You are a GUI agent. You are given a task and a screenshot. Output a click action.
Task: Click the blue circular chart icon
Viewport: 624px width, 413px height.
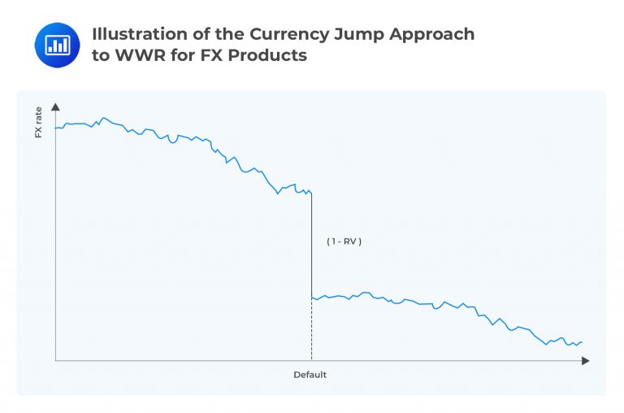pos(57,45)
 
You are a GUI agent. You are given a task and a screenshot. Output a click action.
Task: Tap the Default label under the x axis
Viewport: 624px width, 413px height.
pos(310,375)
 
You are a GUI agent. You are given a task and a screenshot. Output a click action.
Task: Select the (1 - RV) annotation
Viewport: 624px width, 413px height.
pos(344,241)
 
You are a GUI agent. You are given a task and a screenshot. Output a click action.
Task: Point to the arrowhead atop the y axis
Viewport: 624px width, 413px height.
pos(55,107)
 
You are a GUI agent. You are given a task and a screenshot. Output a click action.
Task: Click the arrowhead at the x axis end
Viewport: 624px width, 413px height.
pos(586,359)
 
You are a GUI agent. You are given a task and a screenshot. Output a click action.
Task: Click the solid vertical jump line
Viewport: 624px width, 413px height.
pos(311,244)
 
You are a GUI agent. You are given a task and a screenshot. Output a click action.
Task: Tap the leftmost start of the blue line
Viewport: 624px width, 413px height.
pos(55,128)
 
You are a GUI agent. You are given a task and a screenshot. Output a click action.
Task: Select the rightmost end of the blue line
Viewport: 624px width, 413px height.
pos(582,342)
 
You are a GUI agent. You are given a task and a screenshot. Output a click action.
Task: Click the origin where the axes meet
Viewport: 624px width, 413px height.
pos(55,359)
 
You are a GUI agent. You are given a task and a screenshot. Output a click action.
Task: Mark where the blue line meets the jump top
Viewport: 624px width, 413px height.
pos(311,192)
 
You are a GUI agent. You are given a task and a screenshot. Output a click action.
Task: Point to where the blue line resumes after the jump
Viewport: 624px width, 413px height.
pos(312,298)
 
